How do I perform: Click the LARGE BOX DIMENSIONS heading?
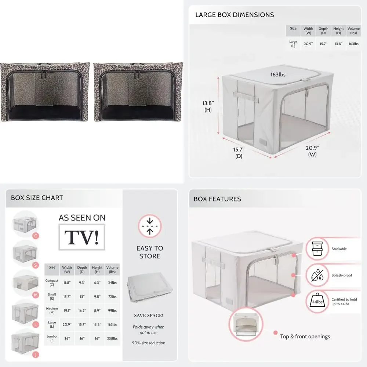click(x=235, y=15)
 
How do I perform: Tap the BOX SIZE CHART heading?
click(x=37, y=198)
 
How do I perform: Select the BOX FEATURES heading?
click(x=217, y=199)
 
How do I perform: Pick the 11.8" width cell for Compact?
click(x=67, y=283)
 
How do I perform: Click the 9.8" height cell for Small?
click(x=97, y=297)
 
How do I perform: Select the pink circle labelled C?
click(x=36, y=236)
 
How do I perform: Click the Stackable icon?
click(x=316, y=248)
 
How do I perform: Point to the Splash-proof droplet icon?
click(x=316, y=275)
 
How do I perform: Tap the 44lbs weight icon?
click(x=316, y=301)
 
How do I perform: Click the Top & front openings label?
click(x=305, y=337)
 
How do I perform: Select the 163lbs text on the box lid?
click(x=278, y=75)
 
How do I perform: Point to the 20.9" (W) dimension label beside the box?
click(x=312, y=151)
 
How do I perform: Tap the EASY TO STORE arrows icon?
click(x=149, y=226)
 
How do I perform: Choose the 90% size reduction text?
click(x=149, y=343)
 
